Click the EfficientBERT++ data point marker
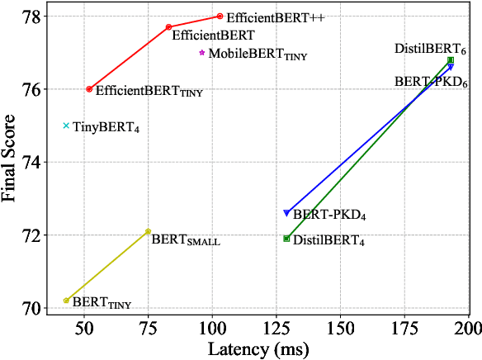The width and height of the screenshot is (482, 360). coord(220,16)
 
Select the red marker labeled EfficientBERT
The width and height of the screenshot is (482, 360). coord(168,26)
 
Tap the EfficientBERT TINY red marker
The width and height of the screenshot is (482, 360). coord(89,89)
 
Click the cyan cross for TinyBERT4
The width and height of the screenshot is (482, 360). coord(66,126)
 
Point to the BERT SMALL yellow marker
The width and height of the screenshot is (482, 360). coord(148,231)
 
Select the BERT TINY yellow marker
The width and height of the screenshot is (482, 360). coord(66,301)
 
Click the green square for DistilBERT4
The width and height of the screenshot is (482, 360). coord(286,239)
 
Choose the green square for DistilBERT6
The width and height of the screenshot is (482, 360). coord(451,60)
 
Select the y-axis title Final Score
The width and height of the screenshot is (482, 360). coord(12,161)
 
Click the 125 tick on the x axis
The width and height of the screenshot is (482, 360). coord(276,327)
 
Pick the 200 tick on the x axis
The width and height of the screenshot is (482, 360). coord(469,327)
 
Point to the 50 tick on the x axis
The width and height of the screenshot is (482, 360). coord(84,327)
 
